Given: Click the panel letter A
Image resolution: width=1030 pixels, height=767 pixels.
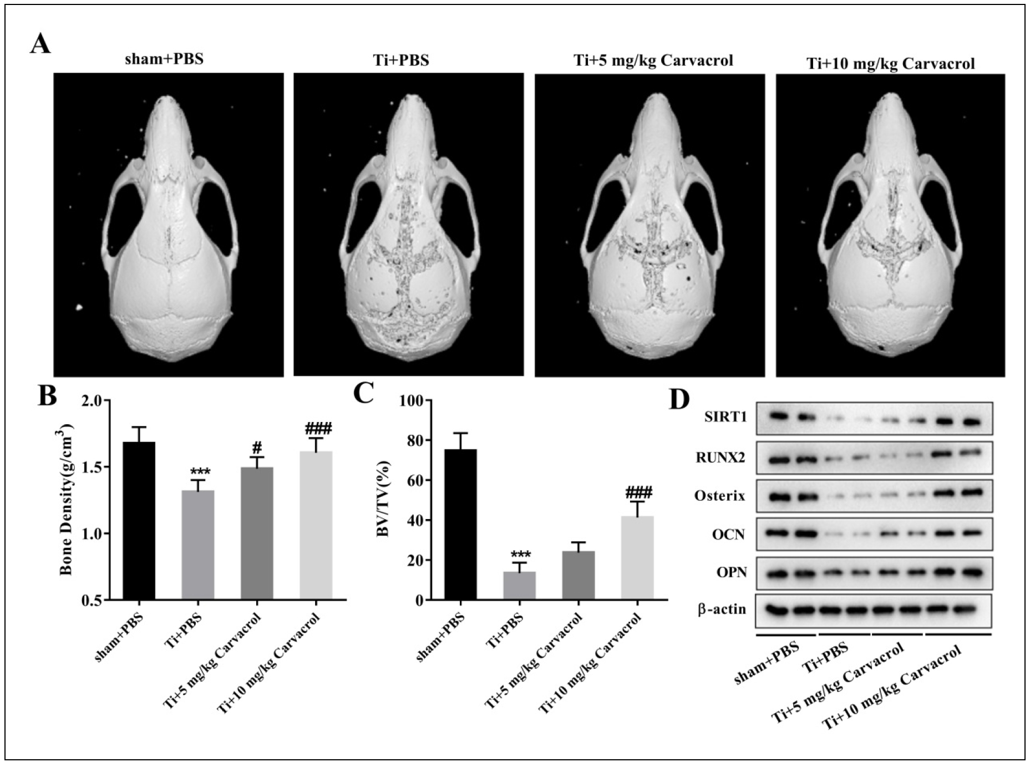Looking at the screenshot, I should coord(40,43).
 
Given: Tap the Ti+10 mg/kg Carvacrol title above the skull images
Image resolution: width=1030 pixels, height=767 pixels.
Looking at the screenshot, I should coord(889,63).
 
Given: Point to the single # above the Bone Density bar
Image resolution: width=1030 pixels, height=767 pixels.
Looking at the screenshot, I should coord(256,447).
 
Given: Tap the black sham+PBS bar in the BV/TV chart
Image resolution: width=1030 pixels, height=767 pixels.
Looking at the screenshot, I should coord(460,524).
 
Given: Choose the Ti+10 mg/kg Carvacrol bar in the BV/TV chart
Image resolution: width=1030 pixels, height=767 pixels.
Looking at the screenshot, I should coord(637,557).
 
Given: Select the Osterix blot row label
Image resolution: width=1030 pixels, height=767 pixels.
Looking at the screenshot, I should coord(719,495).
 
